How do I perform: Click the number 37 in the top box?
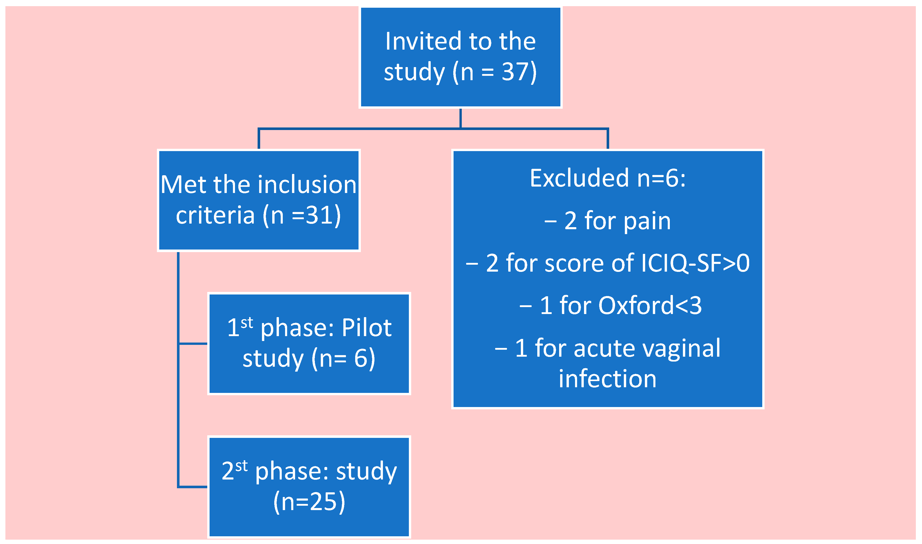coord(513,72)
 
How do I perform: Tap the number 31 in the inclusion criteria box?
coord(317,216)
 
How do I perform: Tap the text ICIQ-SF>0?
coord(695,264)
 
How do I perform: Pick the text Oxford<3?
coord(650,306)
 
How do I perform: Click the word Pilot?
coord(366,328)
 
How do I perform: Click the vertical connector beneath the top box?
coord(460,118)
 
